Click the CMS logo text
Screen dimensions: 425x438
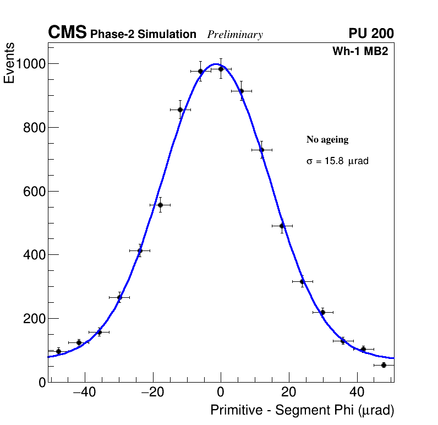point(67,33)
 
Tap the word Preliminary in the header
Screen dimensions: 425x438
point(235,35)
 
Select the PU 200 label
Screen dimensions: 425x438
point(371,34)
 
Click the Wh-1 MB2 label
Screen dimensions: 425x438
point(360,51)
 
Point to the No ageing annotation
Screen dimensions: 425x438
point(327,140)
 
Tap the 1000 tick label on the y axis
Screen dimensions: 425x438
point(30,64)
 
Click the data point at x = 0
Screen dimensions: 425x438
point(221,69)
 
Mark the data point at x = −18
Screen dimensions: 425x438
point(160,205)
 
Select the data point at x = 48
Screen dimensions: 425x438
point(384,365)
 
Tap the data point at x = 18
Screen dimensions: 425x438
point(282,226)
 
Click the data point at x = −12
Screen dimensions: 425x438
point(180,110)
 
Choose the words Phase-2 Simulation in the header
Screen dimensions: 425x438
point(143,35)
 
